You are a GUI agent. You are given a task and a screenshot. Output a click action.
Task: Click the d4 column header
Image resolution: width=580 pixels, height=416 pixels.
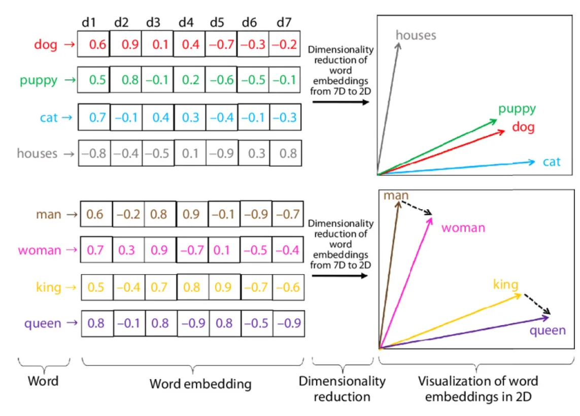point(186,22)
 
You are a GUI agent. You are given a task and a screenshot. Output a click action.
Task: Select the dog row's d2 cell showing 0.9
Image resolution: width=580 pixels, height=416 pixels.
point(126,45)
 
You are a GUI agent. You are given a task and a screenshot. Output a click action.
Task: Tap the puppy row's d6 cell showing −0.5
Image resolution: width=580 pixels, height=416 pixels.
point(253,81)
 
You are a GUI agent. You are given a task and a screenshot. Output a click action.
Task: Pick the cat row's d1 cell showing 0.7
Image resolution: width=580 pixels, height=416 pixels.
point(94,118)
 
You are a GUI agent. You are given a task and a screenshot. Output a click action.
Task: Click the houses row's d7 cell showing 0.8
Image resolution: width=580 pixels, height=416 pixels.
point(286,153)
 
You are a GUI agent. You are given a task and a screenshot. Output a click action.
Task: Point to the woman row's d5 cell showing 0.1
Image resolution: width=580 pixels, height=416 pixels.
point(224,250)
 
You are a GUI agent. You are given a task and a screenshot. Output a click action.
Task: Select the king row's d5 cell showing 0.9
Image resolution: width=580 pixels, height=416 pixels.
point(224,287)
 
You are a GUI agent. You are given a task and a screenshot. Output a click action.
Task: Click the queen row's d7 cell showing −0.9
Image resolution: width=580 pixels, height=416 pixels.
point(289,323)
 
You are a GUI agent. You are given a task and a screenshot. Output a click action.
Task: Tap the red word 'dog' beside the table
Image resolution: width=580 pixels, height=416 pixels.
point(46,45)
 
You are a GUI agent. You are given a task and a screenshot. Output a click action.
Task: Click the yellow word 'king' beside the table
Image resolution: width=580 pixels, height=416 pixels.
point(49,287)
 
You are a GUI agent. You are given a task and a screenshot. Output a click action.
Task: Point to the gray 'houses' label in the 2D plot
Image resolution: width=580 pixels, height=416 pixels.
point(416,35)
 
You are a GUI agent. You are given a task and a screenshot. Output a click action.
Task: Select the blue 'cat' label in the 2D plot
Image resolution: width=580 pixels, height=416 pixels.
point(552,162)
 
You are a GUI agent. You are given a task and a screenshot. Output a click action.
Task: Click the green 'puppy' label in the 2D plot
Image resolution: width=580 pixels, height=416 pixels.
point(517,108)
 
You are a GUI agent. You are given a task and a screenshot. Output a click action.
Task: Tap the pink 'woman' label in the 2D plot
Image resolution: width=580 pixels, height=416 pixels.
point(463,228)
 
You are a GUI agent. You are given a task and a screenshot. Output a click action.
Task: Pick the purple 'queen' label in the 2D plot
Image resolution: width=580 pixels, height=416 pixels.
point(547,331)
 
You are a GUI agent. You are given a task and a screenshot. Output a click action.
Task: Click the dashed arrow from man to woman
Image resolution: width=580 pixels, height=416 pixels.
point(416,208)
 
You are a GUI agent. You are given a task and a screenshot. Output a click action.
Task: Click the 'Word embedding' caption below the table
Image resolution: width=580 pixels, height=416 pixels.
point(200,384)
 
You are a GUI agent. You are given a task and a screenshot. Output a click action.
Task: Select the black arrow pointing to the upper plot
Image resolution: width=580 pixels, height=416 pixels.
point(339,102)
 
